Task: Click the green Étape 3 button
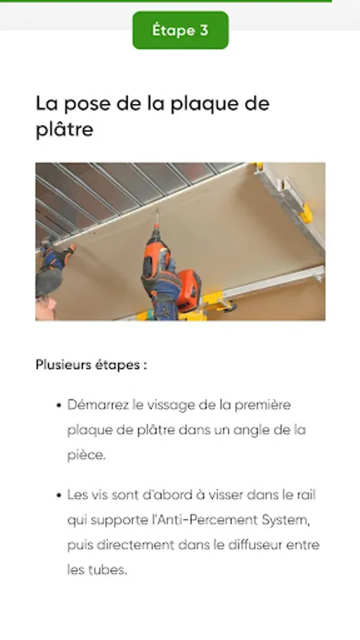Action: pos(181,30)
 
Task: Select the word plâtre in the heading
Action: pos(65,129)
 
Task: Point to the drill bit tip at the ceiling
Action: pos(157,211)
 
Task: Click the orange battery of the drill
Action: pos(189,290)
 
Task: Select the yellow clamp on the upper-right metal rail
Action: pos(305,214)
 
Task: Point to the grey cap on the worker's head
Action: pos(48,282)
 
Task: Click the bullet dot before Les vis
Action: pos(59,496)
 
